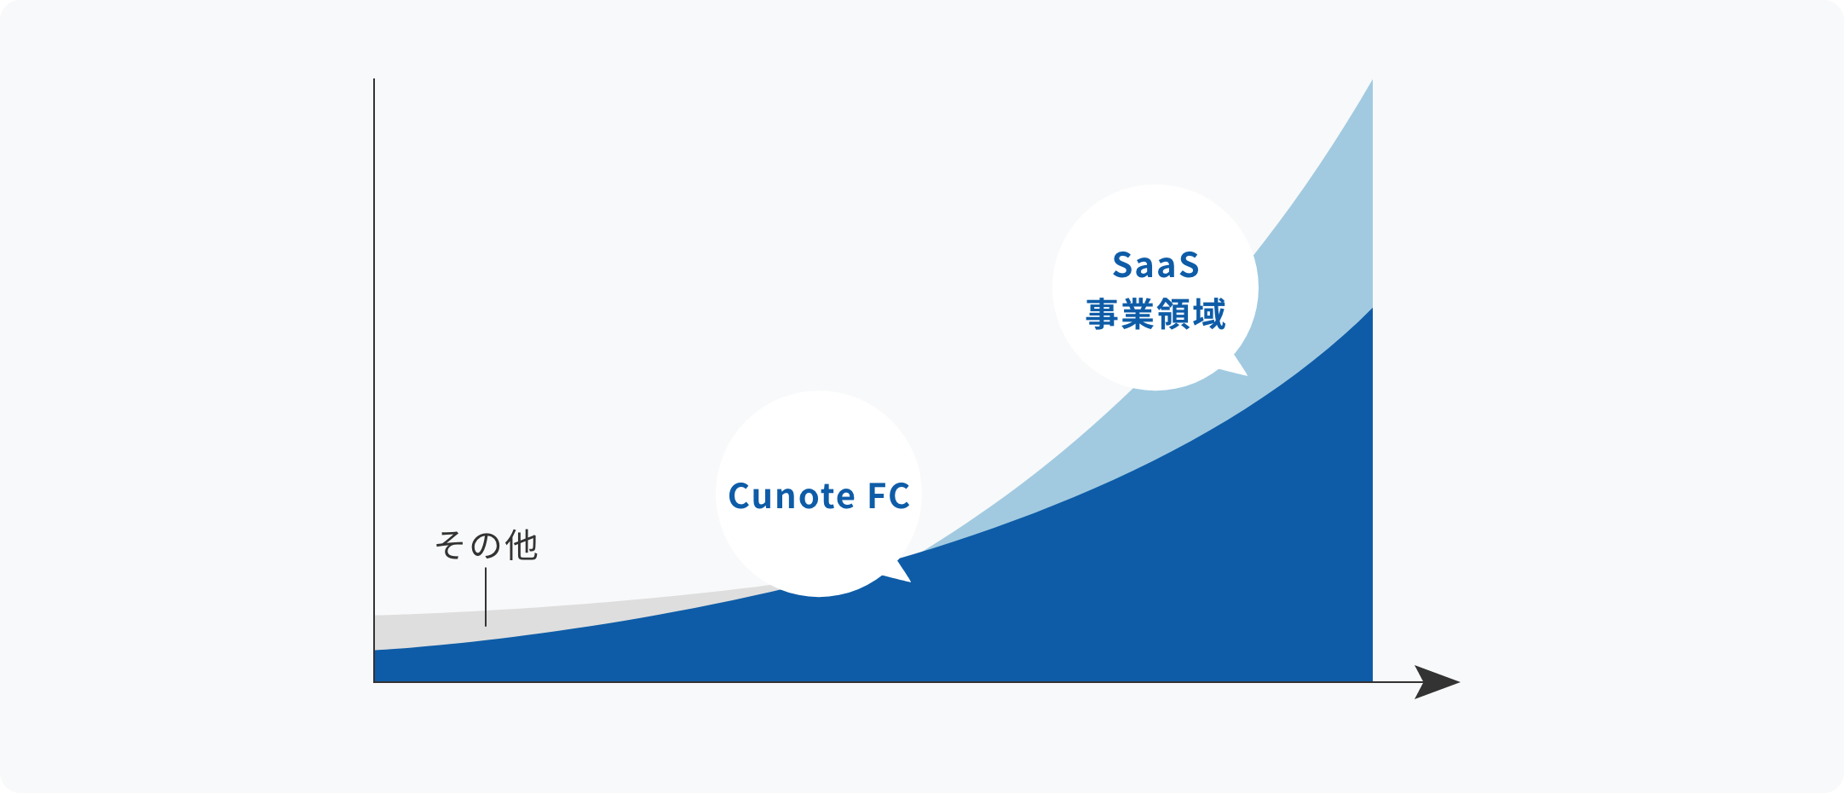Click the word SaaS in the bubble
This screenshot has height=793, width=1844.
coord(1155,265)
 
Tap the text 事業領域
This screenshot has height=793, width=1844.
coord(1155,314)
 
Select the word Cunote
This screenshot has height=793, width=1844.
coord(792,496)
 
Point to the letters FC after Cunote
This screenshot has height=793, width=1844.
coord(889,496)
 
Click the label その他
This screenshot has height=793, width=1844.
coord(486,545)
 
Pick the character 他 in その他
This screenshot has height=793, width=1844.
coord(522,545)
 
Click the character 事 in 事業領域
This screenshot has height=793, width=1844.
coord(1102,314)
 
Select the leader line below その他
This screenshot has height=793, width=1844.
coord(486,597)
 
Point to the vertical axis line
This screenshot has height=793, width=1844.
coord(374,380)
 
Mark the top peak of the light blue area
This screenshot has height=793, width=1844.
coord(1372,80)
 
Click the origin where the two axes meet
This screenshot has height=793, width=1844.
coord(374,682)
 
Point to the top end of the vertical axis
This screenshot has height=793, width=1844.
coord(374,79)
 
